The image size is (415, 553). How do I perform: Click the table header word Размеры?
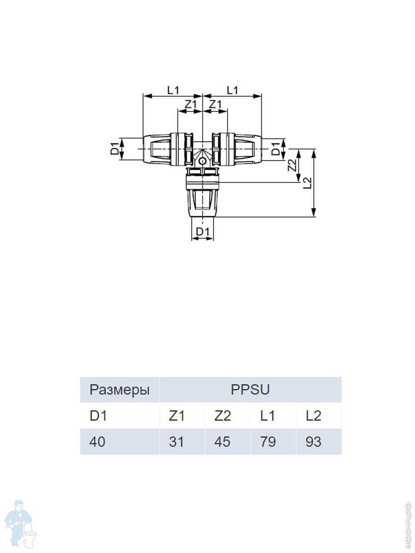point(119,390)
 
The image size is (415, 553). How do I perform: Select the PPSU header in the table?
point(250,390)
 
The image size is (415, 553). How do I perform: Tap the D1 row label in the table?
point(98,416)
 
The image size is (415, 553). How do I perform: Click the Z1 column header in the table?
point(177,416)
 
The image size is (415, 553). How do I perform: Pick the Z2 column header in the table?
point(222,416)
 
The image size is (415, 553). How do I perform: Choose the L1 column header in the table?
point(267,416)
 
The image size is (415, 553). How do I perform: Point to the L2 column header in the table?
point(313,416)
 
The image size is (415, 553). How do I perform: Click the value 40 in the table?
point(97,441)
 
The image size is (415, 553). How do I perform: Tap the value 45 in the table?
point(222,441)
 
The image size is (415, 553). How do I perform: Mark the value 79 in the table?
point(267,441)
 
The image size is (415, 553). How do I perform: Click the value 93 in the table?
point(313,441)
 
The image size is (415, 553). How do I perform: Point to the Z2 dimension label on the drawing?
point(291,165)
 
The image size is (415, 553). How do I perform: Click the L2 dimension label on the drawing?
point(307,183)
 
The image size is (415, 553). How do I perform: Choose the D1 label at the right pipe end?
point(275,149)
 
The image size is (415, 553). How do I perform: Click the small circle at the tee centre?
point(202,162)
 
